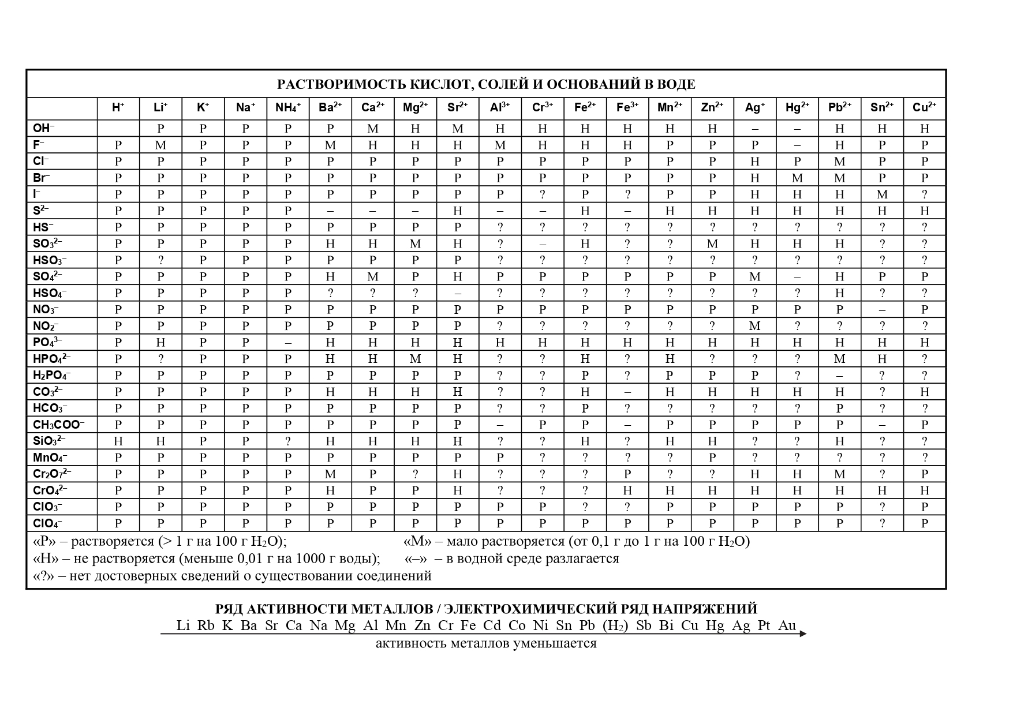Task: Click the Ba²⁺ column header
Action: tap(330, 107)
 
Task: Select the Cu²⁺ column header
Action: tap(924, 107)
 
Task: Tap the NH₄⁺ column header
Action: tap(287, 107)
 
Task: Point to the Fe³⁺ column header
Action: tap(627, 107)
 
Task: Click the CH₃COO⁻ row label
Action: tap(58, 425)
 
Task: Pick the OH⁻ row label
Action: tap(44, 128)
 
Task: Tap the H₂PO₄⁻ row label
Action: tap(52, 376)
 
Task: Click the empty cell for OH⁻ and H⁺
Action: tap(118, 128)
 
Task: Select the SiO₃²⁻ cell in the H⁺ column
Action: tap(118, 441)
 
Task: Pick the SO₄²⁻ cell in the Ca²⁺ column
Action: tap(373, 277)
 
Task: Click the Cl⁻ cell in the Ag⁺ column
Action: tap(754, 162)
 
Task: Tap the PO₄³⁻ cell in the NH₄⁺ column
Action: tap(287, 343)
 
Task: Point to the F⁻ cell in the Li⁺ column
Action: tap(160, 145)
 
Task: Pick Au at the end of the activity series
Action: tap(787, 625)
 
